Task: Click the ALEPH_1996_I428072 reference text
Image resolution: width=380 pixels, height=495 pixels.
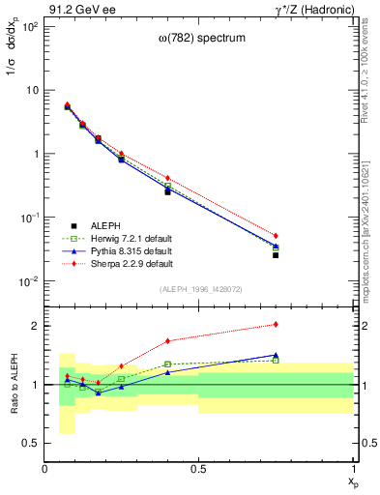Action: click(x=200, y=289)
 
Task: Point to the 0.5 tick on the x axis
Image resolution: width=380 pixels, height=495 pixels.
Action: click(x=198, y=469)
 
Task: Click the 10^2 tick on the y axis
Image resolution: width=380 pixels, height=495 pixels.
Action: click(x=31, y=26)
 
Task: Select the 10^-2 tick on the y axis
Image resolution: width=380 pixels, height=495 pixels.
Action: click(x=31, y=281)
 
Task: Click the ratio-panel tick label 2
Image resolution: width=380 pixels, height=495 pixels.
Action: click(x=35, y=326)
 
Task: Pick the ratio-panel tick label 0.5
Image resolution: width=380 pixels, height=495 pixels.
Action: click(x=31, y=443)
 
